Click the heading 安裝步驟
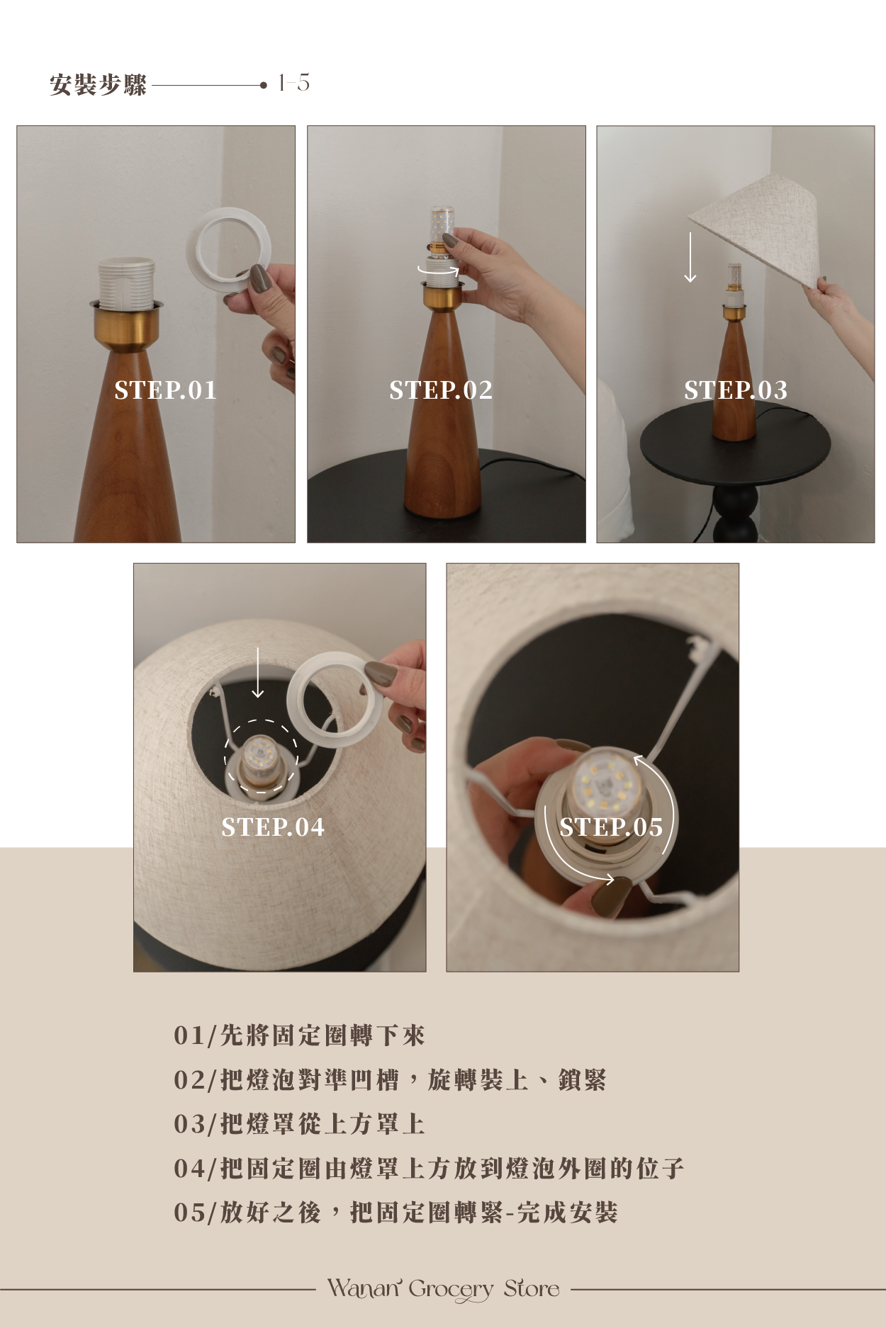(x=99, y=85)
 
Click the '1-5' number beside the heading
(x=293, y=83)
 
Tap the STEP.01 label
(x=166, y=390)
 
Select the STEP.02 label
(x=441, y=390)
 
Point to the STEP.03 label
(x=736, y=390)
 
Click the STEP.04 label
(x=273, y=827)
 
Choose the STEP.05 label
(x=611, y=827)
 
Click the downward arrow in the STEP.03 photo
(x=690, y=257)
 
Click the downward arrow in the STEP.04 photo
(x=258, y=672)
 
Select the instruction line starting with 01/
(x=299, y=1035)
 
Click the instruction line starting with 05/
(x=396, y=1213)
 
